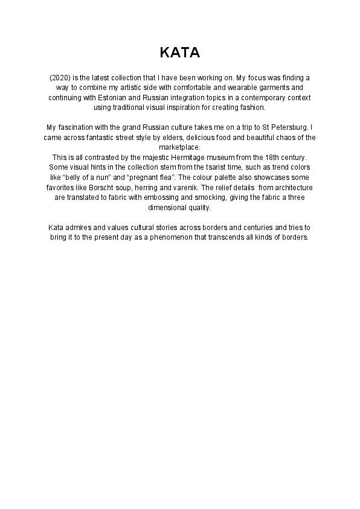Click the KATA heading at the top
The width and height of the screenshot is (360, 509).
180,53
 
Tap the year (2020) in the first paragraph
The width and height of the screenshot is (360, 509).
59,78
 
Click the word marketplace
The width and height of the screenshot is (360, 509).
179,147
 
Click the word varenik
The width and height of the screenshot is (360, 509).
187,188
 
